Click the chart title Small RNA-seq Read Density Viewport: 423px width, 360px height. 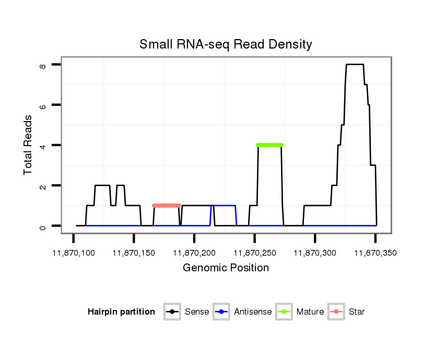click(x=226, y=44)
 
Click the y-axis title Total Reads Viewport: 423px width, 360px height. click(x=28, y=145)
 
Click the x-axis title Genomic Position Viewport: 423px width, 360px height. click(x=226, y=268)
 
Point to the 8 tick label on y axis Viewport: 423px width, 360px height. click(x=43, y=66)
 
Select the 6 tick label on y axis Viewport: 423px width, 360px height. click(x=43, y=105)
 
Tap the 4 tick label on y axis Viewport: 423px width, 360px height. click(x=43, y=146)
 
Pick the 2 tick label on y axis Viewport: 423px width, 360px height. click(x=43, y=186)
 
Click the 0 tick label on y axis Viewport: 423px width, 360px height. click(x=43, y=226)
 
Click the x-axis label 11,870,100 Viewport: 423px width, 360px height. click(x=74, y=253)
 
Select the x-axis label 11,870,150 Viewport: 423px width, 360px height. click(x=134, y=253)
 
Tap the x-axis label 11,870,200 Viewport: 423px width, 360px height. click(x=194, y=253)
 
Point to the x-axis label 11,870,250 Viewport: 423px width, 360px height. click(x=254, y=253)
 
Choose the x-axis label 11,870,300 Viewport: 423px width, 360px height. click(x=315, y=253)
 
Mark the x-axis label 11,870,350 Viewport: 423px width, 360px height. click(x=375, y=253)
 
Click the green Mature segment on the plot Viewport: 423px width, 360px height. click(x=269, y=145)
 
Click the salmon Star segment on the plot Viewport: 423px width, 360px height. click(x=166, y=206)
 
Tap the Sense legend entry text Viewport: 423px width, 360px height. click(x=197, y=312)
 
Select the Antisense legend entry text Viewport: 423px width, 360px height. click(x=253, y=312)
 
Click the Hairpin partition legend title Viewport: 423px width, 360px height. click(x=121, y=312)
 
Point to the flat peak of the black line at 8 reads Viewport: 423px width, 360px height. click(x=355, y=65)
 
